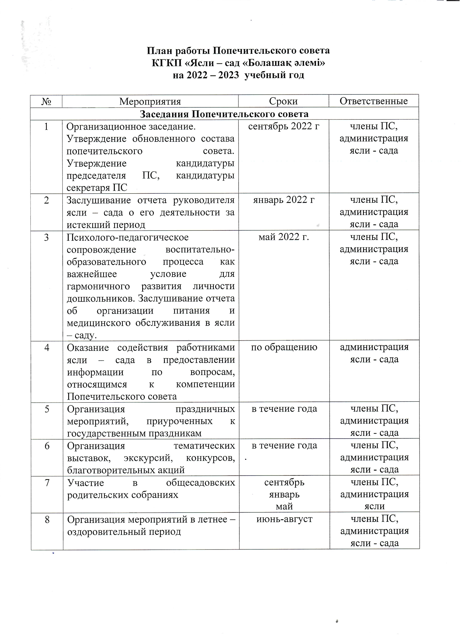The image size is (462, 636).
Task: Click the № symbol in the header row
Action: [46, 101]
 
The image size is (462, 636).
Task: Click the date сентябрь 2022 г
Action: [284, 127]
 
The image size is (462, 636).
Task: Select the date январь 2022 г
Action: [284, 200]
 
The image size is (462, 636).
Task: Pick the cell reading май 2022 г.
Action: [284, 237]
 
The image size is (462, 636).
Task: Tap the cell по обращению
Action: [284, 347]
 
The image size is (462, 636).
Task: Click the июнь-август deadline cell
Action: [284, 519]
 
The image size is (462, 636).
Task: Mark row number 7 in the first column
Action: [47, 483]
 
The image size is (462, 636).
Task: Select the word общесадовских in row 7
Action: [200, 483]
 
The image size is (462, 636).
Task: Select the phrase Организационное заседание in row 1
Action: [131, 127]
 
